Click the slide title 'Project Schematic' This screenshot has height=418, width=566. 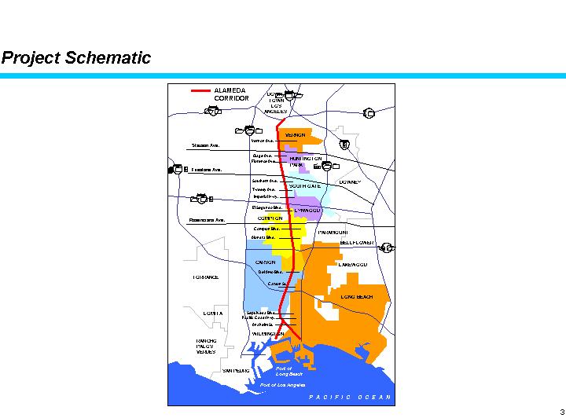(75, 58)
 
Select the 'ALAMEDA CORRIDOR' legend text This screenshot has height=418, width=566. (231, 94)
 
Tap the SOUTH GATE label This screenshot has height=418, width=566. (304, 186)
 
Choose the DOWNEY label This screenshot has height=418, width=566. (348, 181)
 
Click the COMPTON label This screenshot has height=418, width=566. (270, 218)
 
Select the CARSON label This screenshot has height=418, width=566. (266, 262)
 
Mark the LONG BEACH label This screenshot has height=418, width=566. (357, 297)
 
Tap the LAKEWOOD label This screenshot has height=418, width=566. (352, 266)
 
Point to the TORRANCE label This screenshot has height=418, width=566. (205, 277)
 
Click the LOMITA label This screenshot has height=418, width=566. (213, 313)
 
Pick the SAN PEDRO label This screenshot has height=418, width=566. (236, 369)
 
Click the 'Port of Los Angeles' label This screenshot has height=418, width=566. (282, 385)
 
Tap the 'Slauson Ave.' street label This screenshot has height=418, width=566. (206, 145)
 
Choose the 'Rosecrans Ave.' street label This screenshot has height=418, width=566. (208, 220)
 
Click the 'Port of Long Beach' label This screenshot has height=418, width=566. (289, 371)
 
